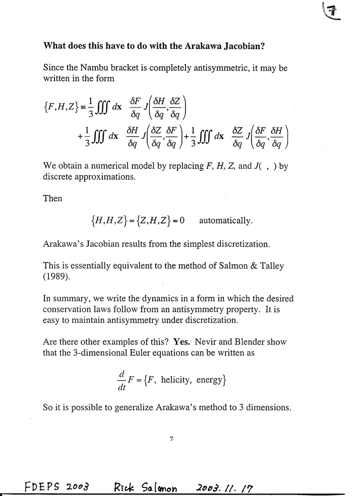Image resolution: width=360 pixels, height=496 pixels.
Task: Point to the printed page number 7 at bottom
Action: (x=171, y=439)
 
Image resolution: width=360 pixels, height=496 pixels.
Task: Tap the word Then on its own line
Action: (x=52, y=198)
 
